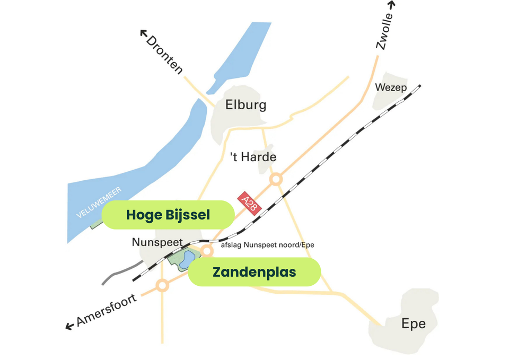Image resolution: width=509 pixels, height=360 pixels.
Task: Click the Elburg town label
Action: point(245,105)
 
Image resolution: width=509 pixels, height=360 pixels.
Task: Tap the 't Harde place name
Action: point(253,157)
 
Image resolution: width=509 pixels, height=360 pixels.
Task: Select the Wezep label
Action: point(391,87)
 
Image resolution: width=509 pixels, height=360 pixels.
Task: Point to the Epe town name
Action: point(413,323)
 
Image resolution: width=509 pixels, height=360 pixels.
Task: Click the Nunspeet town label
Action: point(157,243)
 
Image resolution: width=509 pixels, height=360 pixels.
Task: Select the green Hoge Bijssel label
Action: point(168,215)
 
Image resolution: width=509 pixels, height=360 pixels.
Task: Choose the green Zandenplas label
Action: point(254,272)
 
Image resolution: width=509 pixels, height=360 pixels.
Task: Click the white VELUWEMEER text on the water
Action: point(99,202)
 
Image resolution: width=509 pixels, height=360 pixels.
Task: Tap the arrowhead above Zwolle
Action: point(391,5)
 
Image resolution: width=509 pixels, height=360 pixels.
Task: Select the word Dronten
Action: point(164,55)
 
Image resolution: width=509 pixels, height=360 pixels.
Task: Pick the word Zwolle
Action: point(384,32)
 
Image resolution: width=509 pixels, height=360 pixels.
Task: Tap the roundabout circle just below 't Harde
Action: point(276,179)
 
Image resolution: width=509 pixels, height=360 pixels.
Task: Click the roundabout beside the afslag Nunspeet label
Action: point(207,251)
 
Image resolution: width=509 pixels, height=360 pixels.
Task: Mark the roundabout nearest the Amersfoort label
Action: point(163,286)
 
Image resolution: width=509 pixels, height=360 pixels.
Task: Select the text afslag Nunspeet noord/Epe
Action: point(267,245)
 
